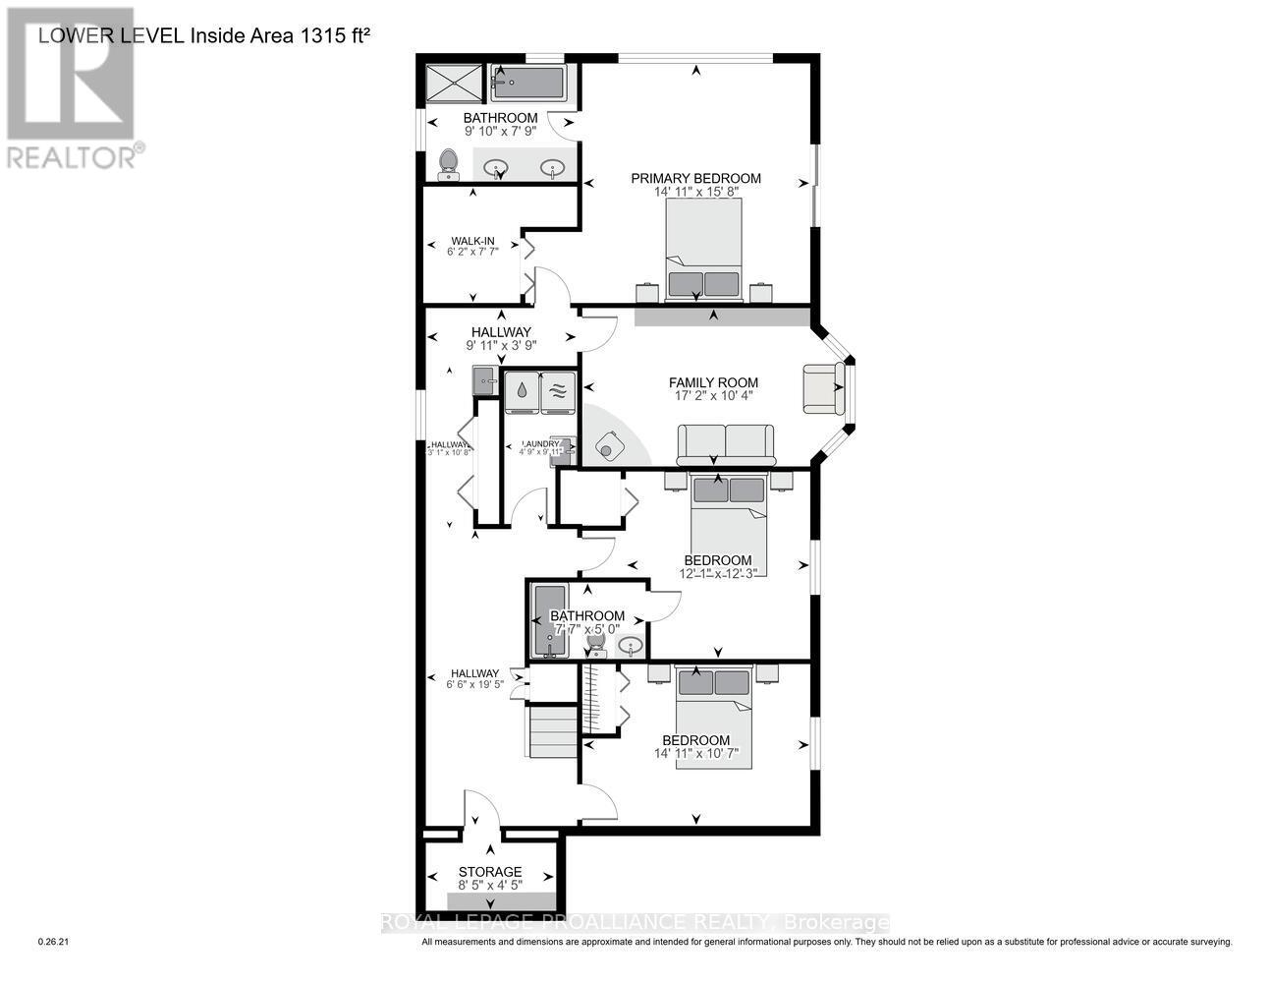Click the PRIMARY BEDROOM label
[x=695, y=178]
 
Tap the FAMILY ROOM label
[x=713, y=382]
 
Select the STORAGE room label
[x=490, y=872]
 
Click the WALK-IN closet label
[x=472, y=241]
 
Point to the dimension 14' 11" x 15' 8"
[x=695, y=192]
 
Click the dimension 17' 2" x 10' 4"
[x=713, y=397]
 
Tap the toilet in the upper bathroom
[x=449, y=164]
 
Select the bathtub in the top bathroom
[x=527, y=84]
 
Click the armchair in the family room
[x=823, y=388]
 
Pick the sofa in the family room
[x=725, y=444]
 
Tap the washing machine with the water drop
[x=521, y=390]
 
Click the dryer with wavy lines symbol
[x=558, y=390]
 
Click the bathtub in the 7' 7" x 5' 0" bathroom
[x=548, y=622]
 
